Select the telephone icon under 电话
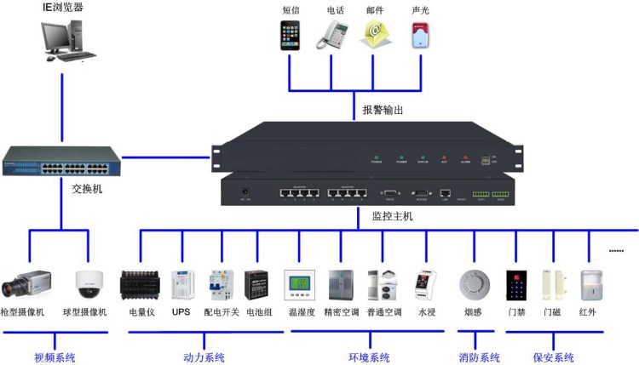pos(333,35)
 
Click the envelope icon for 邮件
pos(375,35)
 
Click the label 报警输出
pos(383,110)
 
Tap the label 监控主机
pos(392,217)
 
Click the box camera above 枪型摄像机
pos(29,284)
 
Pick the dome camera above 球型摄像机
pos(89,283)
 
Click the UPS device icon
pos(181,284)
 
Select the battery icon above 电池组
pos(257,285)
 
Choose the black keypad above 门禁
pos(516,284)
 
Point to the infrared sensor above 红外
pos(590,284)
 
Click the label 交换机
pos(87,189)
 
